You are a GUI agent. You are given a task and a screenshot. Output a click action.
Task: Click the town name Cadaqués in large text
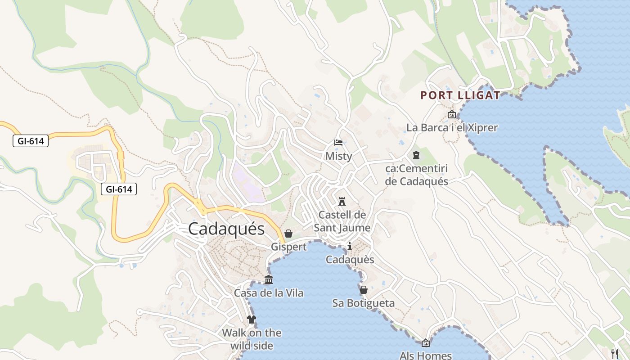226,229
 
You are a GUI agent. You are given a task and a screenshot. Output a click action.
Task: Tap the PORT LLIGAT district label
460,95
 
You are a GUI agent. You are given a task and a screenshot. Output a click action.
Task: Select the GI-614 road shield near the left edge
31,141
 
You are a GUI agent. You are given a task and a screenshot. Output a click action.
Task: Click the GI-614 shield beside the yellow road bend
119,189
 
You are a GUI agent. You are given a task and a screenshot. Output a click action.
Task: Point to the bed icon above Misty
338,143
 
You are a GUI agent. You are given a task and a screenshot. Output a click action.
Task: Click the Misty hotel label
338,156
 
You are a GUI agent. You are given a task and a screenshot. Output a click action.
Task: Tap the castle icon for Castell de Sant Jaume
342,201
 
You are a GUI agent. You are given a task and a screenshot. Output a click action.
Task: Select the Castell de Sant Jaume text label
342,221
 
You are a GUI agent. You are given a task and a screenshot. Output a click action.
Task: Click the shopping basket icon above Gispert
288,234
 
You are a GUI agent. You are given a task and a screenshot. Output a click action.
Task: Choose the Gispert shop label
288,247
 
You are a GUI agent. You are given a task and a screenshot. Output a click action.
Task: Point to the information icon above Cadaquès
350,246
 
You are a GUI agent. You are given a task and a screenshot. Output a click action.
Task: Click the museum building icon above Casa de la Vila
269,280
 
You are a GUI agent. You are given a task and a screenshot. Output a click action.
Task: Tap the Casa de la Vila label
269,293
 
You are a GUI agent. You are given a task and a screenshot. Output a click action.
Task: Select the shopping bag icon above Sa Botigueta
363,290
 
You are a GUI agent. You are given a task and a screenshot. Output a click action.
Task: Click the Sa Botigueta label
363,303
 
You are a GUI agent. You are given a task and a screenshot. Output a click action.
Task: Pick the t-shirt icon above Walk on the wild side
251,319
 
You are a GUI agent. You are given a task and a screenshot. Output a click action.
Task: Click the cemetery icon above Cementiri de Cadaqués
416,155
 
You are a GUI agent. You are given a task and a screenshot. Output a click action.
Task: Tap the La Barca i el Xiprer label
452,128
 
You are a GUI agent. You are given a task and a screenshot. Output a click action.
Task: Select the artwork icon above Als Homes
425,343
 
